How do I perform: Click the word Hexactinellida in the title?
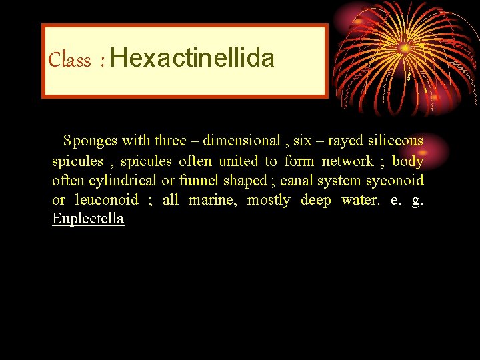pos(193,59)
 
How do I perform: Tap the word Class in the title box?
pos(69,61)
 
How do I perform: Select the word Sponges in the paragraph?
pos(91,141)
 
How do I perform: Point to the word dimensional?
pos(241,141)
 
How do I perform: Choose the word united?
pos(238,161)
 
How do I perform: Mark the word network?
pos(348,161)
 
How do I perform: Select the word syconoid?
pos(395,181)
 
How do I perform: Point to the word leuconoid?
pos(107,200)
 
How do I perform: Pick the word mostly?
pos(269,200)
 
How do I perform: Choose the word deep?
pos(317,200)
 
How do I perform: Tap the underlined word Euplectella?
pos(88,219)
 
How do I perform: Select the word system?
pos(341,181)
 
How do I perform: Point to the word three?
pos(171,141)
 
